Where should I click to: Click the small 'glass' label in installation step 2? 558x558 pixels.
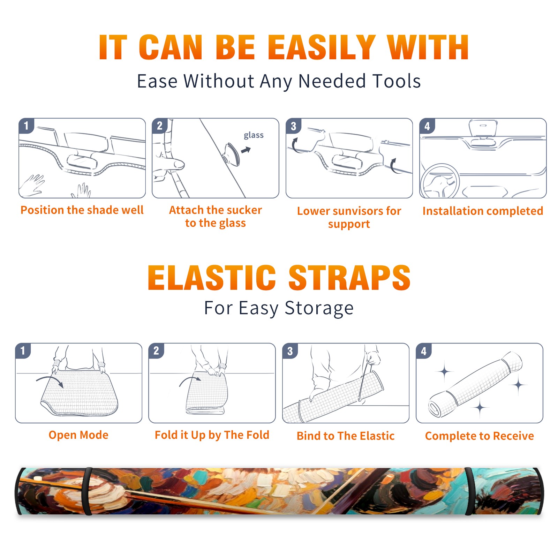click(254, 135)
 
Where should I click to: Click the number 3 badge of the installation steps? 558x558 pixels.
click(294, 126)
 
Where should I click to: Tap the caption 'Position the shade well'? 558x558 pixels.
click(82, 210)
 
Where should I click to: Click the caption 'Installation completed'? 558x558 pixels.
click(483, 211)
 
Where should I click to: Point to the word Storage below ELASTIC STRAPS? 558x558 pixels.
click(319, 308)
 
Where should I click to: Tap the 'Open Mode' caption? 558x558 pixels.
click(78, 435)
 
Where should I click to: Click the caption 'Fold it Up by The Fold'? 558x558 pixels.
click(212, 435)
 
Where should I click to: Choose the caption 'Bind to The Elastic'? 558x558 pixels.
click(346, 436)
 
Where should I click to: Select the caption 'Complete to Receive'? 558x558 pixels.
click(480, 436)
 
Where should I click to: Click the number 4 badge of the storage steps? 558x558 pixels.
click(424, 351)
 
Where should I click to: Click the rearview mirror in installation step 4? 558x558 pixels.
click(483, 128)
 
